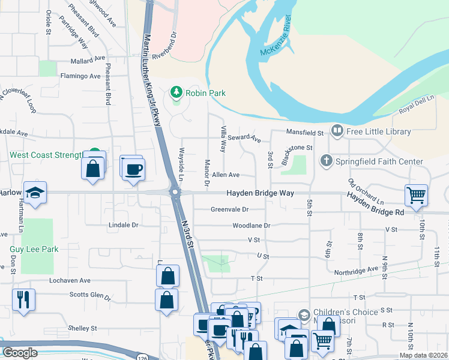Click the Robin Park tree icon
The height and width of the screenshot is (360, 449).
tap(176, 92)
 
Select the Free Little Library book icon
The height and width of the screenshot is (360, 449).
tap(337, 131)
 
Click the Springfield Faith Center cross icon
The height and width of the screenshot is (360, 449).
tap(326, 161)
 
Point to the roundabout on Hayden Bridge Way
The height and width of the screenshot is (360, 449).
tap(175, 193)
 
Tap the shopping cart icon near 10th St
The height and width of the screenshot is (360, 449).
tap(416, 194)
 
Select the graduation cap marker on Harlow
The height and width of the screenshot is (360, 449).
tap(35, 191)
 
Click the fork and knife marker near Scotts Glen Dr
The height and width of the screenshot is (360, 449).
tap(23, 298)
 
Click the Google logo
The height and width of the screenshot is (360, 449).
tap(20, 352)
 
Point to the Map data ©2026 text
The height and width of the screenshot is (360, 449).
tap(424, 355)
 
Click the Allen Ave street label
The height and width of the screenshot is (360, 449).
tap(226, 175)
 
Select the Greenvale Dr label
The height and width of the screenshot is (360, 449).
tap(229, 209)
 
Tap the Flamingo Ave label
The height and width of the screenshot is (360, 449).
tap(80, 76)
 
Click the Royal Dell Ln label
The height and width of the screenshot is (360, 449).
tap(416, 103)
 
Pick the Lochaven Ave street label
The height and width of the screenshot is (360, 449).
tap(70, 280)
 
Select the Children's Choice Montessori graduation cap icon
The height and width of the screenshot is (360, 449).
tap(304, 314)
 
